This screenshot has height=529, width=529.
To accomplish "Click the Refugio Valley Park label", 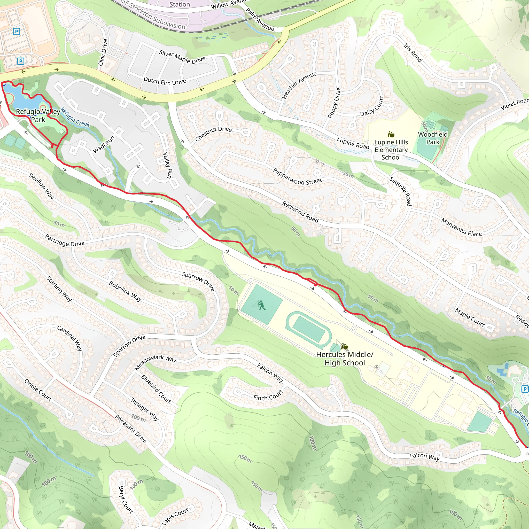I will coord(38,115).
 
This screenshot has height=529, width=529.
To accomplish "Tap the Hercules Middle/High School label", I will coord(345,359).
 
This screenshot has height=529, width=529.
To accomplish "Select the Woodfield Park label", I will coord(433,138).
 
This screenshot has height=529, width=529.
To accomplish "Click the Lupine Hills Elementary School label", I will coord(391,150).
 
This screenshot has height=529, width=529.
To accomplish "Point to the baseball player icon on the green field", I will coord(261,305).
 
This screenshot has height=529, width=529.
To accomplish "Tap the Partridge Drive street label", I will coord(65,240).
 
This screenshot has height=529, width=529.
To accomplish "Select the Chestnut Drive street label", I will coord(213,134).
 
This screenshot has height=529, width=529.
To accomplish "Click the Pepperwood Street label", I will coord(297,177).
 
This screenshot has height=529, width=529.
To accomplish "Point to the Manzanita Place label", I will coord(461,227).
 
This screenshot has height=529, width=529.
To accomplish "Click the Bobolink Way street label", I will coord(125,291).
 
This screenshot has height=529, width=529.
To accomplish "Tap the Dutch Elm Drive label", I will coord(165,81).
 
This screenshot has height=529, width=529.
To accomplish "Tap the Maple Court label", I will coord(470,317).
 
